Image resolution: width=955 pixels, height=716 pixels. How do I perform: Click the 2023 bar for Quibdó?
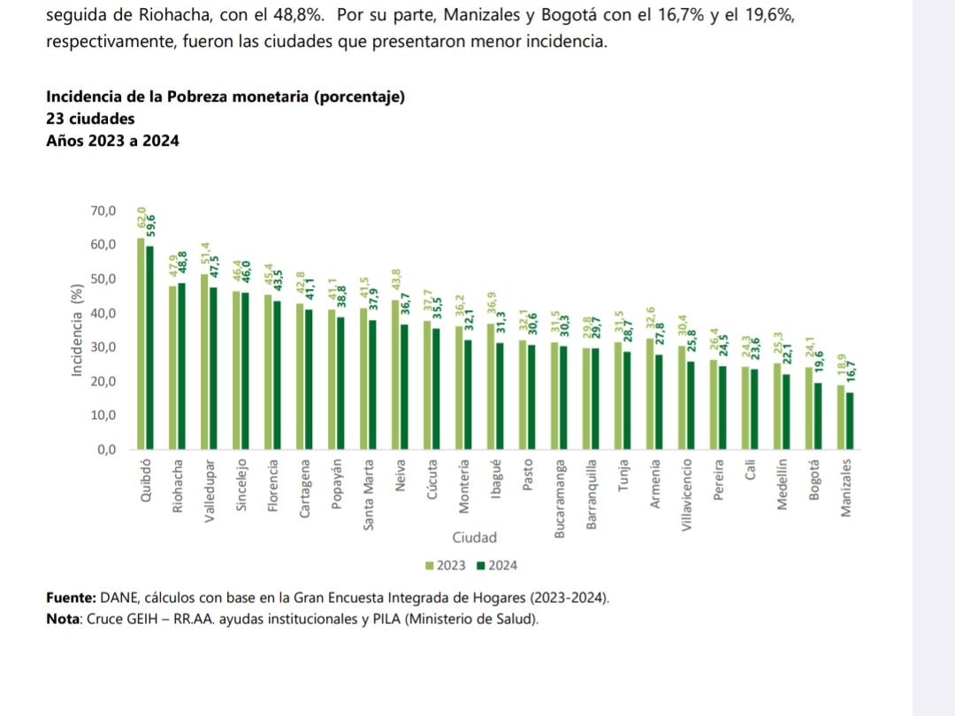pyautogui.click(x=141, y=344)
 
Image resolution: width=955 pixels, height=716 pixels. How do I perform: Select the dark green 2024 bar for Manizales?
pyautogui.click(x=850, y=421)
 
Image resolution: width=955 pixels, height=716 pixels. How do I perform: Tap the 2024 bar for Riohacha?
pyautogui.click(x=181, y=366)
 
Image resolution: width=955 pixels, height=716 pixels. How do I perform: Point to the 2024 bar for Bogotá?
pyautogui.click(x=818, y=416)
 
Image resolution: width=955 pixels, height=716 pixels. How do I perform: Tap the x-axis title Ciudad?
pyautogui.click(x=475, y=537)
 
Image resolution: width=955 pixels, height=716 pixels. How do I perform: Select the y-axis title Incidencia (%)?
pyautogui.click(x=77, y=331)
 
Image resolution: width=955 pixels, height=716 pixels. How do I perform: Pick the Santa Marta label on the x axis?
pyautogui.click(x=369, y=494)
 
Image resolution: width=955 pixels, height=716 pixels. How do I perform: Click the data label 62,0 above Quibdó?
pyautogui.click(x=141, y=217)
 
